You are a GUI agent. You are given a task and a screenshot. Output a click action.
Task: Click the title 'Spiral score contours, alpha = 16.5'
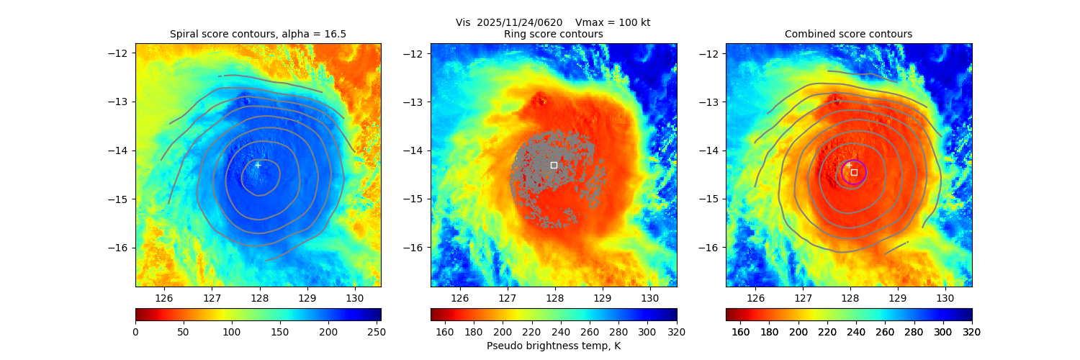point(258,34)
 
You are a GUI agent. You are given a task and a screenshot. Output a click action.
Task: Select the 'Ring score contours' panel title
point(553,34)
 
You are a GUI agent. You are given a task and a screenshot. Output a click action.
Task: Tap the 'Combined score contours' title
point(848,34)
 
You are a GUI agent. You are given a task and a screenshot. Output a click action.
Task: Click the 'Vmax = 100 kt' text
point(613,22)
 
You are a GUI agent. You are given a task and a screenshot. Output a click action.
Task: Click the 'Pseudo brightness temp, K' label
point(553,346)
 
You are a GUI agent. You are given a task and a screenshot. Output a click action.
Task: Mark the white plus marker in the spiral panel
point(258,165)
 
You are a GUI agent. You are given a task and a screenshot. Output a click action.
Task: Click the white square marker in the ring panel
point(554,165)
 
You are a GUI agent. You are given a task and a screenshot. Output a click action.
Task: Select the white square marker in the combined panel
point(854,172)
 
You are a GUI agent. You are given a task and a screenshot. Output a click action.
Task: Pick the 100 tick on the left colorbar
point(231,331)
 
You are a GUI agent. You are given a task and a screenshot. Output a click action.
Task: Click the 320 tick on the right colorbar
point(972,331)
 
